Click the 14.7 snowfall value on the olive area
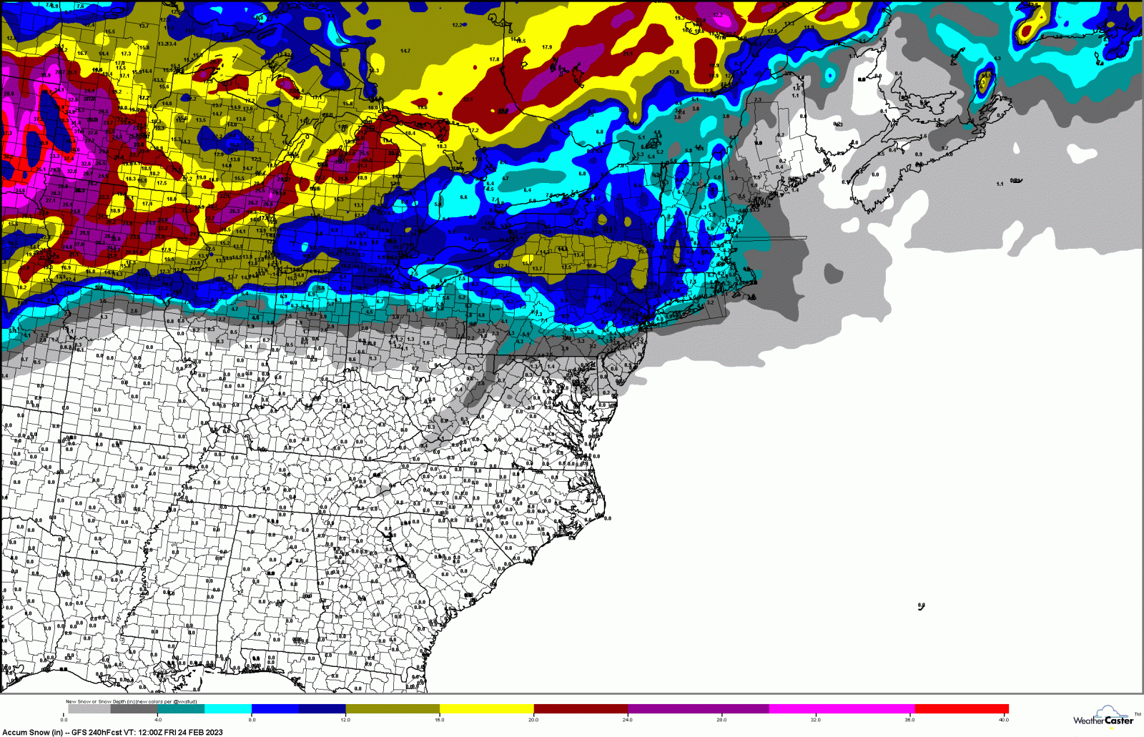(x=405, y=51)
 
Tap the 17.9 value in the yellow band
(x=547, y=47)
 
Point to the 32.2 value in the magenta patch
(x=717, y=15)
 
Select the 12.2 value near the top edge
(x=457, y=25)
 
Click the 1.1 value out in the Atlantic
(x=1000, y=184)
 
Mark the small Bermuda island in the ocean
(x=921, y=606)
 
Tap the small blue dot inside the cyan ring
(x=830, y=74)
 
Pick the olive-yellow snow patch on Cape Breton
(x=985, y=81)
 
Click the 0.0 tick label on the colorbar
(x=64, y=719)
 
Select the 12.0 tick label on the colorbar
(x=345, y=719)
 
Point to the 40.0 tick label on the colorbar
(x=1003, y=719)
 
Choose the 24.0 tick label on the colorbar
(x=627, y=719)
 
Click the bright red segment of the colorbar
(x=961, y=709)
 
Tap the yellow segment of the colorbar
(x=486, y=709)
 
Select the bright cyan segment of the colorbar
(x=227, y=709)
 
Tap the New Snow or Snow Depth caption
(x=100, y=701)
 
